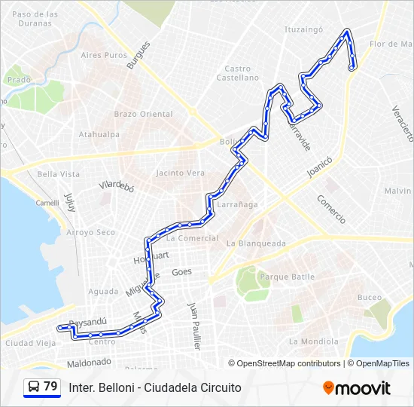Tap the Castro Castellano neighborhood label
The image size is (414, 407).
pyautogui.click(x=237, y=73)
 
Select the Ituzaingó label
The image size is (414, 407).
pyautogui.click(x=303, y=29)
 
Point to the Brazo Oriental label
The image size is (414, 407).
pyautogui.click(x=143, y=114)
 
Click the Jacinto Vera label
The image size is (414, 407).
pyautogui.click(x=179, y=173)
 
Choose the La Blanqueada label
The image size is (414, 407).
pyautogui.click(x=256, y=243)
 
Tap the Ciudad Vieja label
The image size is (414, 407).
pyautogui.click(x=30, y=344)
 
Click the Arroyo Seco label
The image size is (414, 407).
pyautogui.click(x=90, y=233)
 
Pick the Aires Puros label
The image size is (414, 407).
pyautogui.click(x=104, y=55)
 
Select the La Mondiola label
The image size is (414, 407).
pyautogui.click(x=313, y=341)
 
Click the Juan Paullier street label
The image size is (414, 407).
pyautogui.click(x=196, y=326)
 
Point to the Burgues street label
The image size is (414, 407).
pyautogui.click(x=139, y=54)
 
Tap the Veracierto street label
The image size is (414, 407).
pyautogui.click(x=403, y=122)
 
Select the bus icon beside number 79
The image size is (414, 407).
pyautogui.click(x=34, y=387)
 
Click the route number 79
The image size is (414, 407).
pyautogui.click(x=50, y=387)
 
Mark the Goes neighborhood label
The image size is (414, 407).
pyautogui.click(x=181, y=272)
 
